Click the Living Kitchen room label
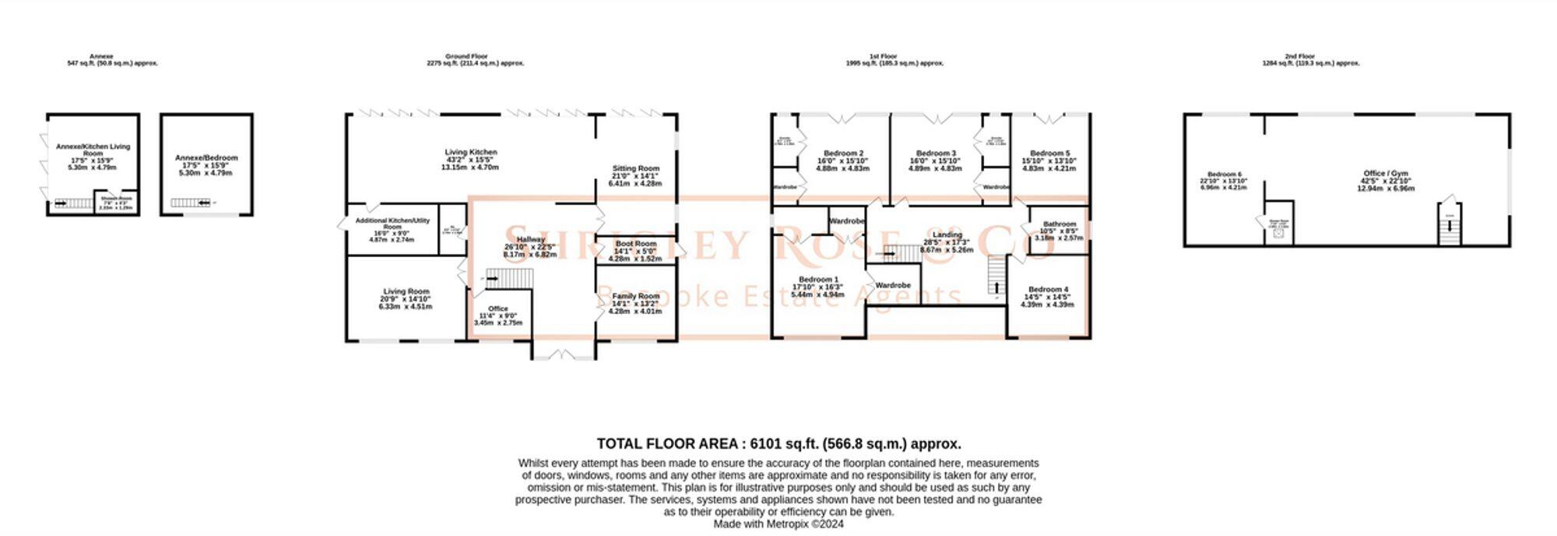tap(470, 153)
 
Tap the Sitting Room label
tap(635, 169)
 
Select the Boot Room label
tap(635, 244)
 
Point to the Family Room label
tap(635, 297)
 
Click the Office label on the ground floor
tap(497, 309)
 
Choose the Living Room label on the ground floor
tap(406, 292)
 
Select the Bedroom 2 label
tap(843, 153)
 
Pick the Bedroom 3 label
tap(936, 153)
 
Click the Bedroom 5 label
tap(1049, 153)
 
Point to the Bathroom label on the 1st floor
tap(1060, 224)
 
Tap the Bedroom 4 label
tap(1048, 290)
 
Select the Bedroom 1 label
tap(818, 280)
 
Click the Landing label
tap(947, 235)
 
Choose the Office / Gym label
tap(1385, 174)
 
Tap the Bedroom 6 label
tap(1224, 175)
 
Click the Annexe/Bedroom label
tap(206, 158)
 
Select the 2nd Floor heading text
tap(1299, 56)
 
